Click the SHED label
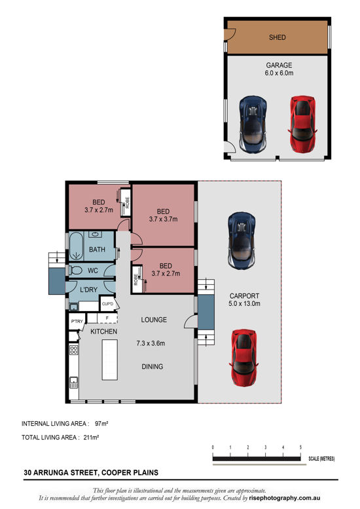click(x=278, y=38)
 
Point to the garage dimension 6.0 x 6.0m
click(x=278, y=74)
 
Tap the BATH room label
click(x=98, y=250)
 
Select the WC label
click(x=93, y=270)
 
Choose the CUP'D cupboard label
click(x=108, y=304)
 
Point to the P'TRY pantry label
click(x=76, y=322)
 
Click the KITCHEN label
click(x=103, y=332)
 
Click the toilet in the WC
click(x=75, y=270)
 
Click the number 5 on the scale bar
click(x=300, y=447)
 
